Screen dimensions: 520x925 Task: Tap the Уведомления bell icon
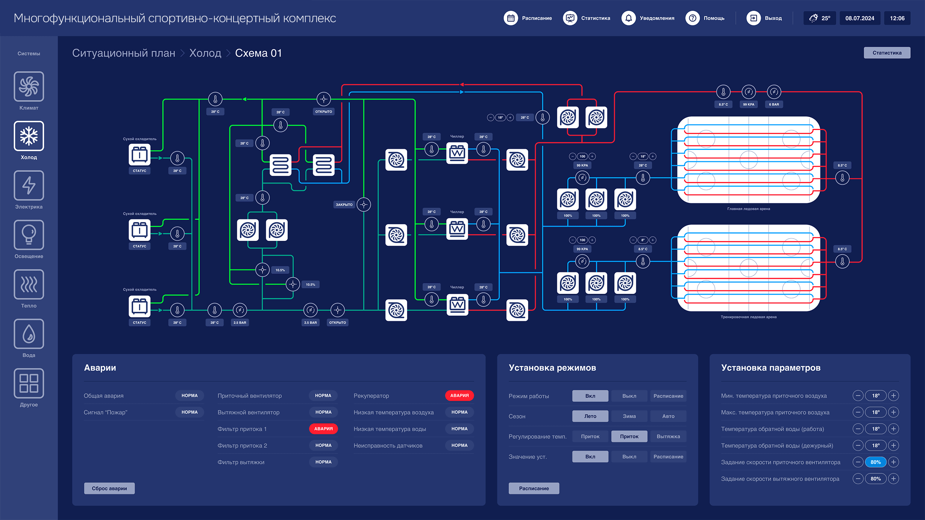(x=628, y=18)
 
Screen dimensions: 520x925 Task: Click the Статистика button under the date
(x=887, y=53)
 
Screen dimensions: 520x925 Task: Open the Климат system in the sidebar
(x=29, y=87)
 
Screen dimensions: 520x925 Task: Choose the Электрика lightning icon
(x=29, y=186)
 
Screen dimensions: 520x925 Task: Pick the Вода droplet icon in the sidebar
(x=29, y=334)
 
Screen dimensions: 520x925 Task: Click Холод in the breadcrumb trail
(x=205, y=53)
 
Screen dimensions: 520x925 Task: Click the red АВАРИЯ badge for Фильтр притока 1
(x=323, y=429)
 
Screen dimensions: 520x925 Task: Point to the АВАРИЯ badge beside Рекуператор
(x=459, y=396)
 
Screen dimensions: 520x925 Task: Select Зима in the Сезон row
(x=629, y=416)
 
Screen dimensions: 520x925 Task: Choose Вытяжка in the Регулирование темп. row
(x=668, y=437)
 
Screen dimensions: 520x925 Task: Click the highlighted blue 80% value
(x=875, y=462)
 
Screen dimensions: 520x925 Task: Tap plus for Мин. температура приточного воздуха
(x=893, y=396)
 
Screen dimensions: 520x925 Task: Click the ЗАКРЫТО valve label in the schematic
(x=344, y=205)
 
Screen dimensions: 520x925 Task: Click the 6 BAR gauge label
(x=774, y=104)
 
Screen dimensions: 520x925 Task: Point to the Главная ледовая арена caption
(x=748, y=209)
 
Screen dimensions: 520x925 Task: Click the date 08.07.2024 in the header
(x=860, y=18)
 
